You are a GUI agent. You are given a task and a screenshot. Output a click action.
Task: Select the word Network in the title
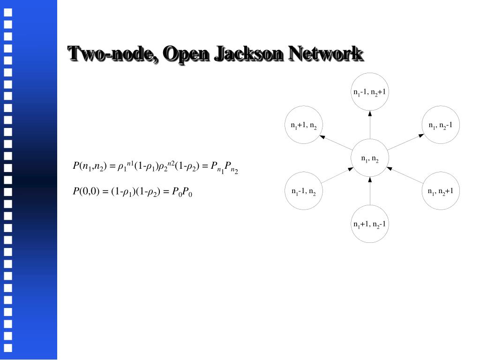coord(325,53)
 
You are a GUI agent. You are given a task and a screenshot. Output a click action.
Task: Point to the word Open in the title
coord(186,53)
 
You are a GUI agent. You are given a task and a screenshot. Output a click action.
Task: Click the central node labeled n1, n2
coord(370,158)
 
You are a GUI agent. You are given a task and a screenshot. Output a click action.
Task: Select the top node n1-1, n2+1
coord(370,91)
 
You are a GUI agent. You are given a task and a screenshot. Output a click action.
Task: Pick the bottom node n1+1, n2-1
coord(370,224)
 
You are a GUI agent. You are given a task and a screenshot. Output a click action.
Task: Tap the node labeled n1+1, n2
coord(304,125)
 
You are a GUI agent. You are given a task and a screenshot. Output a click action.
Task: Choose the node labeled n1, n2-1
coord(441,125)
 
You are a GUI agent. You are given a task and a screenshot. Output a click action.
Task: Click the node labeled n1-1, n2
coord(304,191)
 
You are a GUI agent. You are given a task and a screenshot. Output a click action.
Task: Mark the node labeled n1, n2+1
coord(441,191)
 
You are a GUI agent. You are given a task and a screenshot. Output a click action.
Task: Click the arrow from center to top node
coord(370,125)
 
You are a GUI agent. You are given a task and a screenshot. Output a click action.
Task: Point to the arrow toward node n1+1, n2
coord(337,142)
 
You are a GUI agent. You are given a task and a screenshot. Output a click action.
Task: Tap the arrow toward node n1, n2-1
coord(405,142)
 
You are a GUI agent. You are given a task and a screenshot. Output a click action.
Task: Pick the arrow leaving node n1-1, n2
coord(337,175)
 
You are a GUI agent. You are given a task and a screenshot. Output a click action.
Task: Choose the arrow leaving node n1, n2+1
coord(405,175)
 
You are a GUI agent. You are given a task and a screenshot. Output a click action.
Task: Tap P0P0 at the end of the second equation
coord(182,192)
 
